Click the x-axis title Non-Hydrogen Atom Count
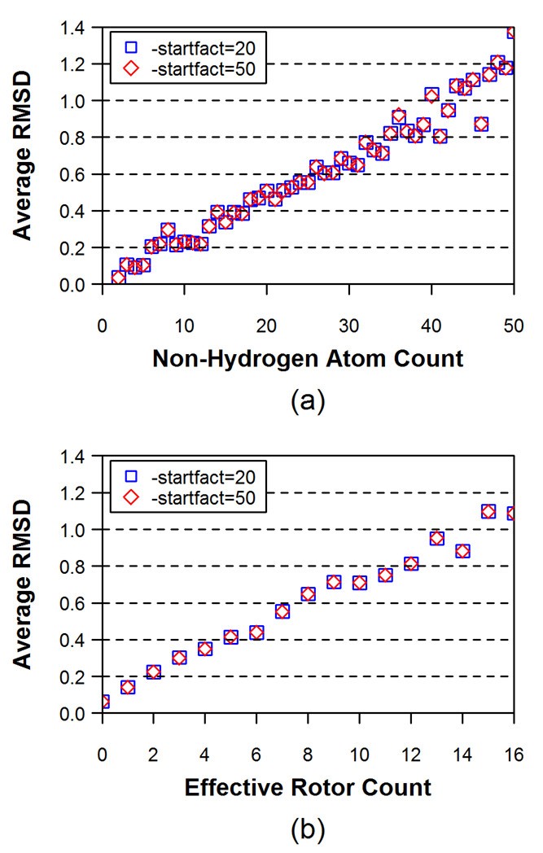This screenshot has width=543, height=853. point(306,357)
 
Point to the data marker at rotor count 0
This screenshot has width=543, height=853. point(103,702)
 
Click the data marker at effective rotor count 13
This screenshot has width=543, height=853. point(436,538)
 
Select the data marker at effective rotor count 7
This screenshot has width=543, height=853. point(282,611)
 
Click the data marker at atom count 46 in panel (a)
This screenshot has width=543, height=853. point(481,125)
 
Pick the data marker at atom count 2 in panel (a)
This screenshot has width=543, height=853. point(118,278)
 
